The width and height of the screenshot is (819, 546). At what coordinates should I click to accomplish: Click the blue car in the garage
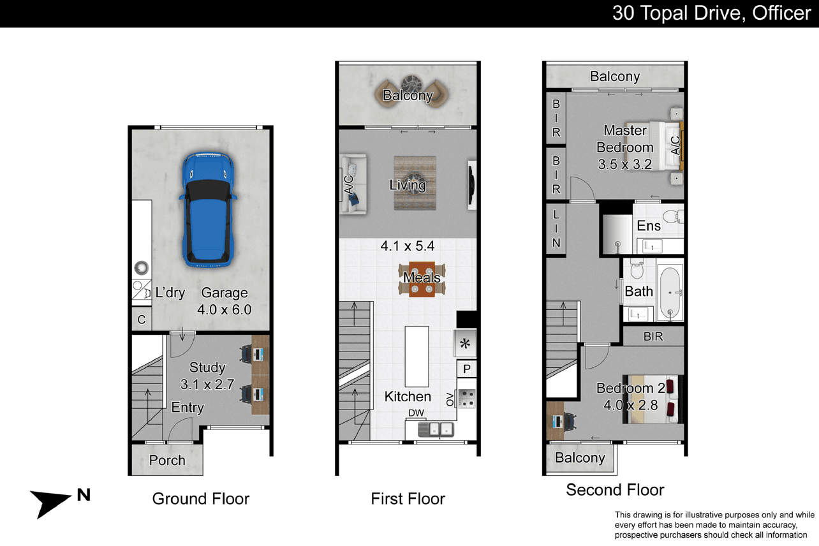[x=208, y=210]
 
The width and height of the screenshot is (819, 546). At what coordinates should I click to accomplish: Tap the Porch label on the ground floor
[x=167, y=460]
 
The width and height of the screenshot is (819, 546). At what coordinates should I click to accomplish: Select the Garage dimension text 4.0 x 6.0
[x=224, y=310]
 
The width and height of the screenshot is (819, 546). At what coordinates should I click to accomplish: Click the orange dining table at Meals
[x=422, y=279]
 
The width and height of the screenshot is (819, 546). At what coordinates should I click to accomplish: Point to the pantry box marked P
[x=466, y=369]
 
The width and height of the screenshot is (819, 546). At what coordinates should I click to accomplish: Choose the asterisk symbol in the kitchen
[x=465, y=344]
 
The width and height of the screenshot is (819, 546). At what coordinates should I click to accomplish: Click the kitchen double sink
[x=436, y=429]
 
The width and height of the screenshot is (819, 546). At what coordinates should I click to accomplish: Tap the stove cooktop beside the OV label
[x=467, y=399]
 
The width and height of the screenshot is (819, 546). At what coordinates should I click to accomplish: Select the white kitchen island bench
[x=417, y=357]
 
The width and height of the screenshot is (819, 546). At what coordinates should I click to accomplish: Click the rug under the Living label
[x=415, y=183]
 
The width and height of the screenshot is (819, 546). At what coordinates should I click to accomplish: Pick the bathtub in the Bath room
[x=670, y=292]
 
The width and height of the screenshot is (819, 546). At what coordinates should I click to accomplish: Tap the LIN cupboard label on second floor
[x=556, y=228]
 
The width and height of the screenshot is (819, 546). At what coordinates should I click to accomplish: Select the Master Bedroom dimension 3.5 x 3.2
[x=625, y=165]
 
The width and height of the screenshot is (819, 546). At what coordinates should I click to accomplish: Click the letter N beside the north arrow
[x=84, y=495]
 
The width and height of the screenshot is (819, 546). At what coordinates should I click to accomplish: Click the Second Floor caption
[x=615, y=490]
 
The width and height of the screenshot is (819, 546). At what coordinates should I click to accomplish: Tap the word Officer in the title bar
[x=781, y=13]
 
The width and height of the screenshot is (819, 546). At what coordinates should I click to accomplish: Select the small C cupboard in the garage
[x=142, y=320]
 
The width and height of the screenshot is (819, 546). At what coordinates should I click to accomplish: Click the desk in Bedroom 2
[x=555, y=420]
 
